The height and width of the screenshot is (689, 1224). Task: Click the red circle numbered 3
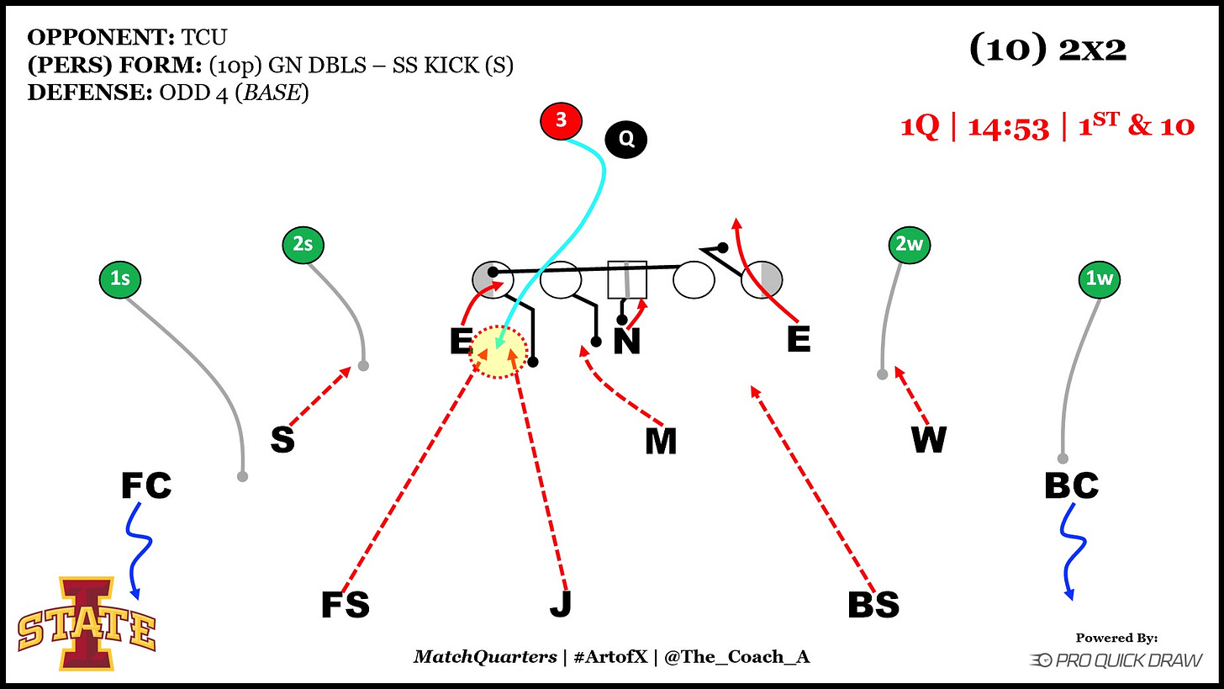pyautogui.click(x=562, y=121)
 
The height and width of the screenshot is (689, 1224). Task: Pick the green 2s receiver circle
pyautogui.click(x=303, y=245)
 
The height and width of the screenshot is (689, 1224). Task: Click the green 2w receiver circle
pyautogui.click(x=910, y=245)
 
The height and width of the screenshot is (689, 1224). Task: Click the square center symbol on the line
pyautogui.click(x=627, y=279)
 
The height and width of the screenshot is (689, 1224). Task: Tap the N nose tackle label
pyautogui.click(x=627, y=342)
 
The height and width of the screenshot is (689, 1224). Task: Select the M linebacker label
pyautogui.click(x=661, y=442)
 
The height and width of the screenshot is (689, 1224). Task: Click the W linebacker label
pyautogui.click(x=929, y=440)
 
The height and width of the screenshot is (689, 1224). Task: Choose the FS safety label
pyautogui.click(x=345, y=605)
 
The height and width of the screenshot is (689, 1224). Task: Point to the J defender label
pyautogui.click(x=560, y=605)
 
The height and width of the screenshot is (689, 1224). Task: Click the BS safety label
pyautogui.click(x=873, y=605)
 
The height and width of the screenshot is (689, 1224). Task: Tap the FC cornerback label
pyautogui.click(x=146, y=485)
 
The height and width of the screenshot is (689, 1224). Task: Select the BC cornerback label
pyautogui.click(x=1071, y=485)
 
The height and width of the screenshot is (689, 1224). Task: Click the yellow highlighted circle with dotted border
pyautogui.click(x=499, y=353)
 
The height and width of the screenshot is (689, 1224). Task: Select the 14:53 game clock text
pyautogui.click(x=1008, y=128)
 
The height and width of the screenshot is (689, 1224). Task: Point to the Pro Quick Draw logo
pyautogui.click(x=1116, y=661)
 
